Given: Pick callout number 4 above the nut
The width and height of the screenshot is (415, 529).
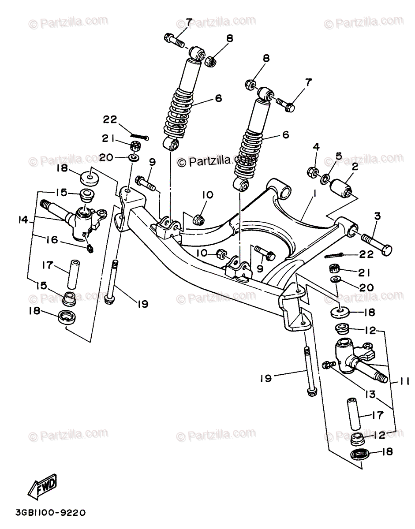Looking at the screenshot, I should [316, 147].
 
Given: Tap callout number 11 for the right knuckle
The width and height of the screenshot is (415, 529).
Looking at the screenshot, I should [404, 380].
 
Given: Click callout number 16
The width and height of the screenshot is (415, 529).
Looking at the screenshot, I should [52, 240].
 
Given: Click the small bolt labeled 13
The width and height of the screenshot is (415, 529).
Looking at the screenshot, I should [327, 364].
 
